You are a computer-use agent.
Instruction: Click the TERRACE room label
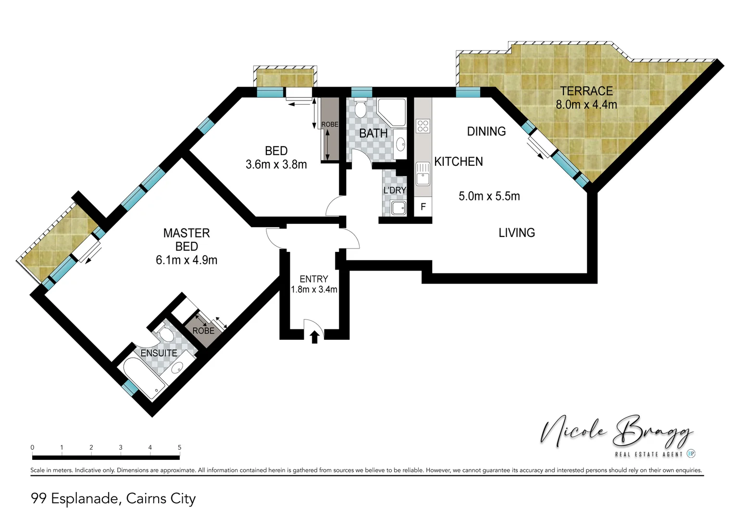pos(586,91)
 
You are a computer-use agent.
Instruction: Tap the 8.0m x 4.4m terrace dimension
pos(586,104)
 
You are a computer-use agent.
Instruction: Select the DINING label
pos(486,131)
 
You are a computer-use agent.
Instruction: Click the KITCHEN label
pos(458,161)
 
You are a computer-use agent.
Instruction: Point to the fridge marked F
pos(423,207)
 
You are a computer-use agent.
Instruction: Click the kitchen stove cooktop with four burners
pos(423,126)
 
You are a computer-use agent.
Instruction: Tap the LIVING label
pos(516,233)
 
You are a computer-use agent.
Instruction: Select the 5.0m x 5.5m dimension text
pos(489,196)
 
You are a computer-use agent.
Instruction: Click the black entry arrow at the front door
pos(314,337)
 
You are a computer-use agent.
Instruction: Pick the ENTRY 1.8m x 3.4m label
pos(314,284)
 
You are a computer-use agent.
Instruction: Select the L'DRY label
pos(395,190)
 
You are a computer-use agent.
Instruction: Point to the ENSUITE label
pos(159,353)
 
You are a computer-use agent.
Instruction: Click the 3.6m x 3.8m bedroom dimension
pos(276,164)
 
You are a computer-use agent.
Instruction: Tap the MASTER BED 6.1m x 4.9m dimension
pos(187,260)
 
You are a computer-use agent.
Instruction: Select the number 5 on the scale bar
pos(179,447)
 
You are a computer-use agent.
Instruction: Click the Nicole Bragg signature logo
pos(617,432)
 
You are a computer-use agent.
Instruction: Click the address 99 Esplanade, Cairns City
pos(113,498)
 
